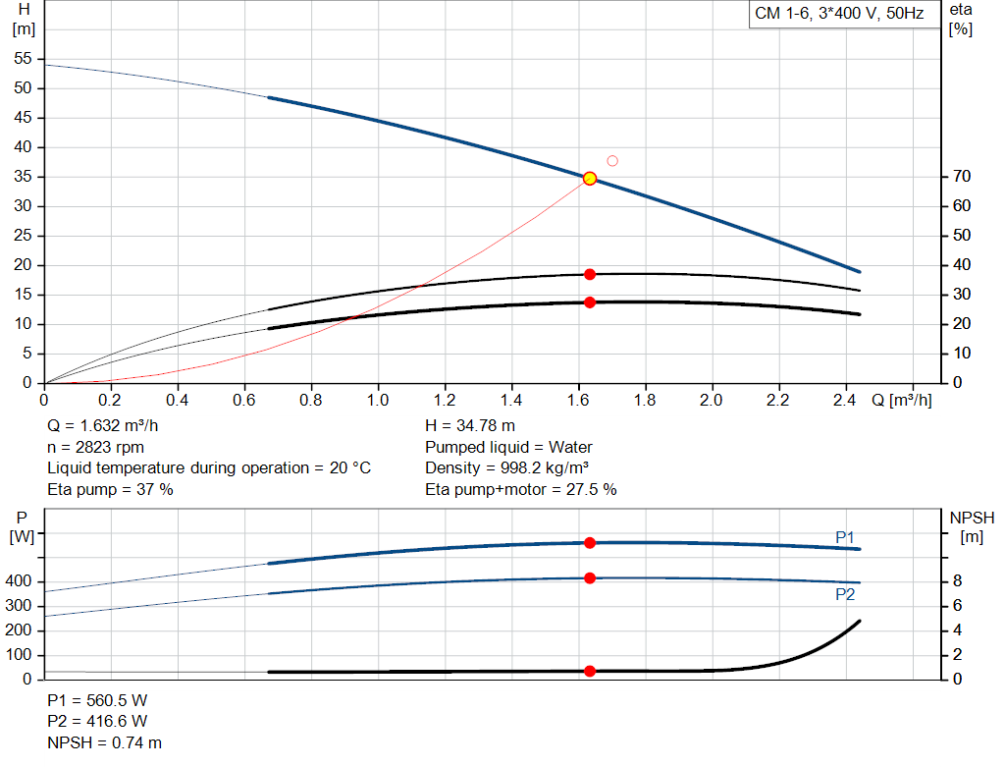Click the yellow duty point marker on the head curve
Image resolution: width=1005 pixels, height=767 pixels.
[590, 178]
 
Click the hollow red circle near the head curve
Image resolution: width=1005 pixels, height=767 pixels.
[612, 161]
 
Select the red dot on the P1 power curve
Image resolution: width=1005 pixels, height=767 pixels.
[590, 542]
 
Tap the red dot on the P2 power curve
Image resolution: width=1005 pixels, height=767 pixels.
[590, 578]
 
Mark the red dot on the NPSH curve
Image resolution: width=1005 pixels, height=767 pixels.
[590, 671]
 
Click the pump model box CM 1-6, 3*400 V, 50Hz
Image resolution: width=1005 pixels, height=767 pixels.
[838, 15]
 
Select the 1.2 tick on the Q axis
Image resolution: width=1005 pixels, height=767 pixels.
[444, 401]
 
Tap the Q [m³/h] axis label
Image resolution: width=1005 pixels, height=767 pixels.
[900, 401]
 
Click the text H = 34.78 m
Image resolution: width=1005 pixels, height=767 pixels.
[470, 426]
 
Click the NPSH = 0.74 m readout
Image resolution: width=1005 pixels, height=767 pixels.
[105, 742]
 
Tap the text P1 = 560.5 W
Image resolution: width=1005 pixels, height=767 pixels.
[97, 701]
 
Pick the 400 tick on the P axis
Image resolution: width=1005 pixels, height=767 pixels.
[21, 581]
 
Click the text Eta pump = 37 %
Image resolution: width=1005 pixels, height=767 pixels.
[110, 489]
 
